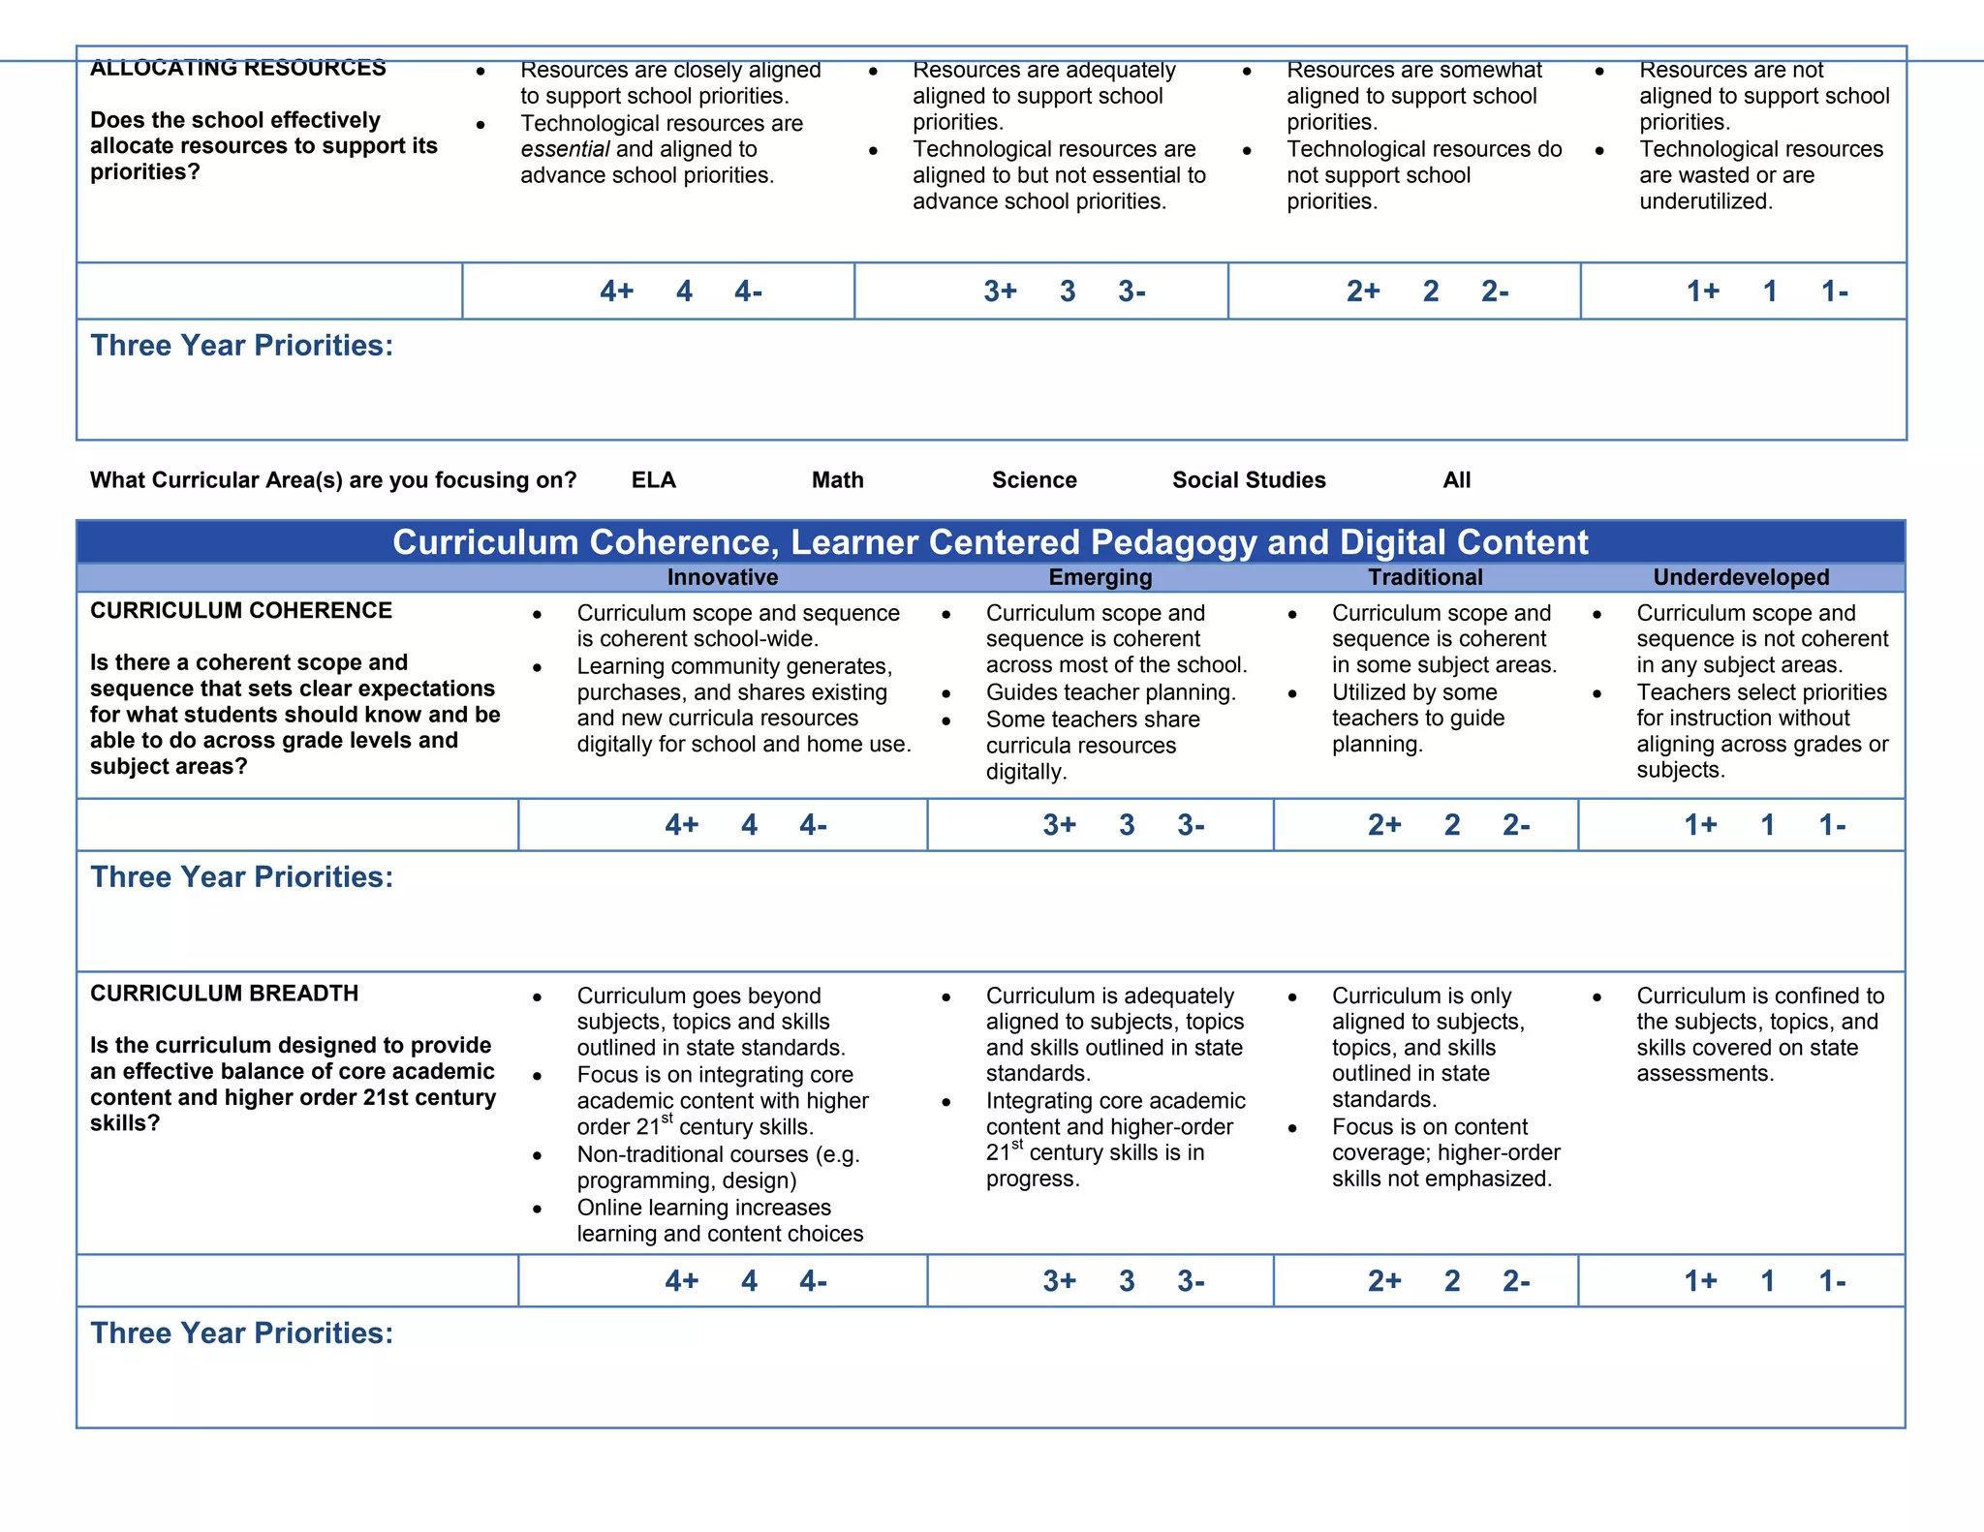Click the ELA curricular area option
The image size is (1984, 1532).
(x=653, y=480)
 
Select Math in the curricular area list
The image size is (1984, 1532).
(x=837, y=480)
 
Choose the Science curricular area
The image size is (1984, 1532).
(x=1034, y=480)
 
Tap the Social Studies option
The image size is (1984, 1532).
(x=1249, y=480)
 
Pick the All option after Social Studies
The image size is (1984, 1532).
(x=1456, y=480)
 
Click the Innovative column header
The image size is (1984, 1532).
(x=722, y=578)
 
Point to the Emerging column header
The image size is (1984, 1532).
(x=1100, y=578)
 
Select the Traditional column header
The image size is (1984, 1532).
(x=1425, y=578)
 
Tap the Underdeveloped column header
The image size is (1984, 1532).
(x=1741, y=578)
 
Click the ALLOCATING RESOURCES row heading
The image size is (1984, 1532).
(x=238, y=69)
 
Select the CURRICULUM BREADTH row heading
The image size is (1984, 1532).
(x=224, y=994)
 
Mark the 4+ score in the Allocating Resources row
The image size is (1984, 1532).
(x=616, y=291)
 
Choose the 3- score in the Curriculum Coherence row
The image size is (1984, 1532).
(x=1191, y=826)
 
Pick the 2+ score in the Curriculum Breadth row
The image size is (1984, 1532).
(x=1384, y=1282)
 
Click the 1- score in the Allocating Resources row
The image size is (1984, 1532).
(x=1834, y=291)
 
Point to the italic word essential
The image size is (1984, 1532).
(x=565, y=150)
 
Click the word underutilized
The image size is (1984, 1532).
(x=1705, y=202)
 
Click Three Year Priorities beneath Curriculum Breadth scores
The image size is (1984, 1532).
(x=242, y=1333)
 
